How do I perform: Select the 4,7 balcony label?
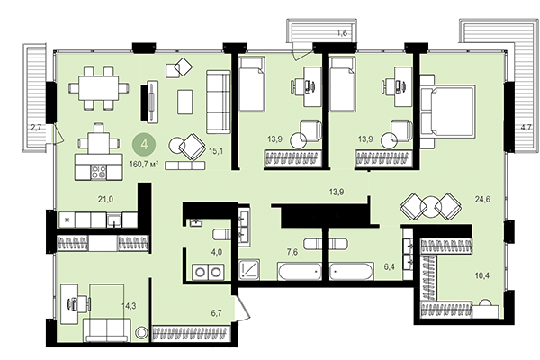point(525,127)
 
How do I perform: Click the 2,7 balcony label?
point(36,128)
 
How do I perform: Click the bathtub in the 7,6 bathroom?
point(301,270)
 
